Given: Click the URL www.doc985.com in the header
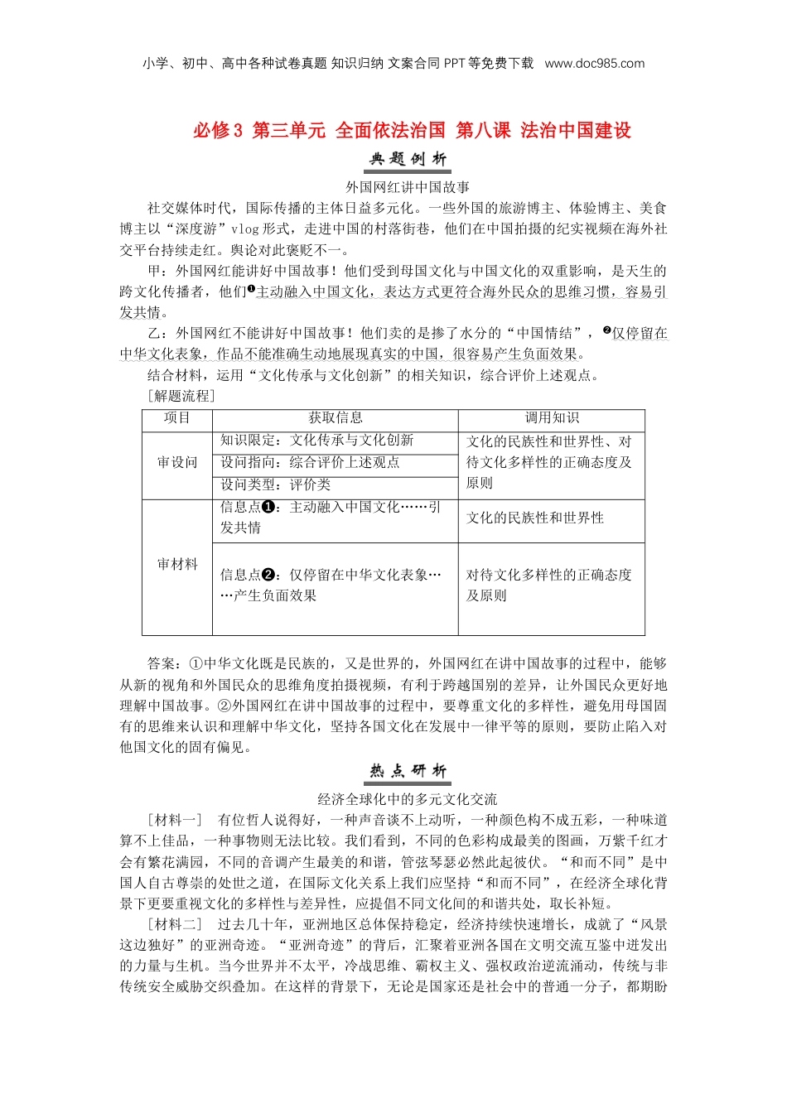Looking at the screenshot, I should point(594,64).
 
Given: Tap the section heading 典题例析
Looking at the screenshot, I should point(408,159).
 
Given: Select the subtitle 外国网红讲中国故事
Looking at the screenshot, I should point(408,187).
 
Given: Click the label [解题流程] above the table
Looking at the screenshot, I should point(181,396).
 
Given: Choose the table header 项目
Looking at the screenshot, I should point(177,418).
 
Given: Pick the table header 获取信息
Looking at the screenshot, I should point(336,418).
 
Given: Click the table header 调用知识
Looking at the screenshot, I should point(552,418).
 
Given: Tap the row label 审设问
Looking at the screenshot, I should point(177,463).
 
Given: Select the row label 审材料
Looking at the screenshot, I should point(177,565).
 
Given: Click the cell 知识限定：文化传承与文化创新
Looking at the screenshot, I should point(316,441).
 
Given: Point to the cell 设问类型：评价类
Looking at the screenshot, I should point(275,485).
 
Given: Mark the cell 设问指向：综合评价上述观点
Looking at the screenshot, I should point(310,463).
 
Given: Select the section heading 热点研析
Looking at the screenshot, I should point(408,771).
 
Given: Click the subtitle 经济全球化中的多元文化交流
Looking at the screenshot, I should point(408,799).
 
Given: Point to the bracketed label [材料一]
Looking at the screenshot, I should point(175,820).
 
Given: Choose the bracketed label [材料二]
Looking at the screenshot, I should point(175,924).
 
